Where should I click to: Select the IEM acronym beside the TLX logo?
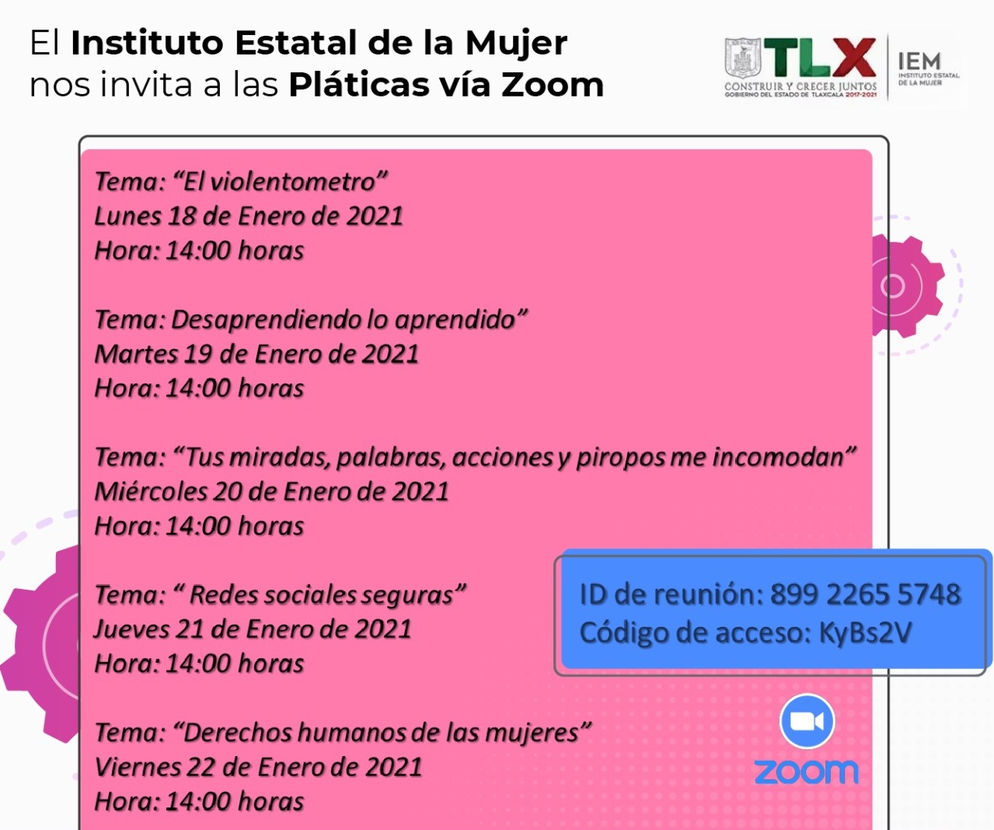click(919, 61)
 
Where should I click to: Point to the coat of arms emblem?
click(742, 58)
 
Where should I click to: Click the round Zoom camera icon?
click(807, 721)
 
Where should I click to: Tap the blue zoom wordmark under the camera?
click(807, 772)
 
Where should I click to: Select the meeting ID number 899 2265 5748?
click(866, 594)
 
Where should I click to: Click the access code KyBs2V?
click(864, 633)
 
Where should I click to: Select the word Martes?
click(136, 354)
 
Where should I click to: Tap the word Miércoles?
click(151, 492)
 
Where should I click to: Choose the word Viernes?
click(137, 767)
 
